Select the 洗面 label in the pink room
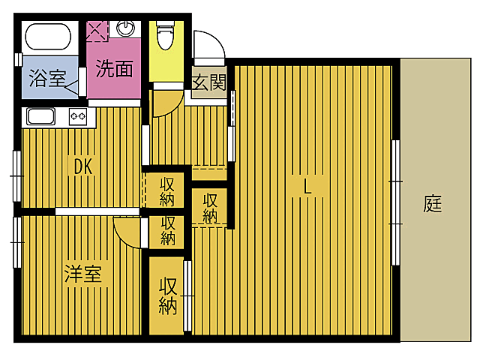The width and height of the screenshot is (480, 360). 114,70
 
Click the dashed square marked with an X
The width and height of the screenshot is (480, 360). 97,31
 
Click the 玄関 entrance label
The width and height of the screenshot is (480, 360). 208,82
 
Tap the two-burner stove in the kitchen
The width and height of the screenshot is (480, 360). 78,116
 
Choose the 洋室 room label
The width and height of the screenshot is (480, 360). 82,274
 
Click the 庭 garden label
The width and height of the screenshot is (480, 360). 433,203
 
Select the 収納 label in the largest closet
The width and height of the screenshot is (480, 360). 167,295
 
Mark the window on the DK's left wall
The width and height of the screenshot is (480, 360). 16,175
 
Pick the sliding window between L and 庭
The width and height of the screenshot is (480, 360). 396,202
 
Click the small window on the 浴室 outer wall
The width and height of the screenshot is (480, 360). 17,58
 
